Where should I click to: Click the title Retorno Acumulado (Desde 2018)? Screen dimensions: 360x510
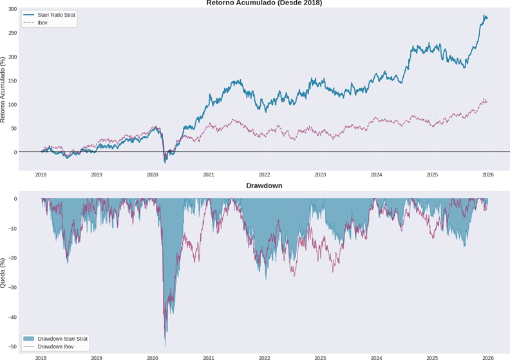tap(264, 3)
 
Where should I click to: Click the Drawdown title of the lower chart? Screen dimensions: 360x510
tap(264, 185)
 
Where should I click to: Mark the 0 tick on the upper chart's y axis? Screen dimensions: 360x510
tap(15, 152)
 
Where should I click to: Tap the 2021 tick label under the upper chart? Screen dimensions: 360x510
tap(209, 175)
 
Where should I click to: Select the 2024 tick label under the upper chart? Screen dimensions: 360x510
tap(376, 175)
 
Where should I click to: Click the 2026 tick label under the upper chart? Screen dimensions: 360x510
tap(488, 175)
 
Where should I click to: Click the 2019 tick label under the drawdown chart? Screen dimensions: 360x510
tap(97, 356)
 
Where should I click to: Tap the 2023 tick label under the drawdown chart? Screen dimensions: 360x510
tap(320, 356)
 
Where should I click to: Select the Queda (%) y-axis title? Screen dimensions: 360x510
tap(4, 271)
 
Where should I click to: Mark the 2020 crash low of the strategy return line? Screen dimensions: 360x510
tap(165, 162)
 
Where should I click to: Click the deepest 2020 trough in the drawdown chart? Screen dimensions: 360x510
tap(165, 345)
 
